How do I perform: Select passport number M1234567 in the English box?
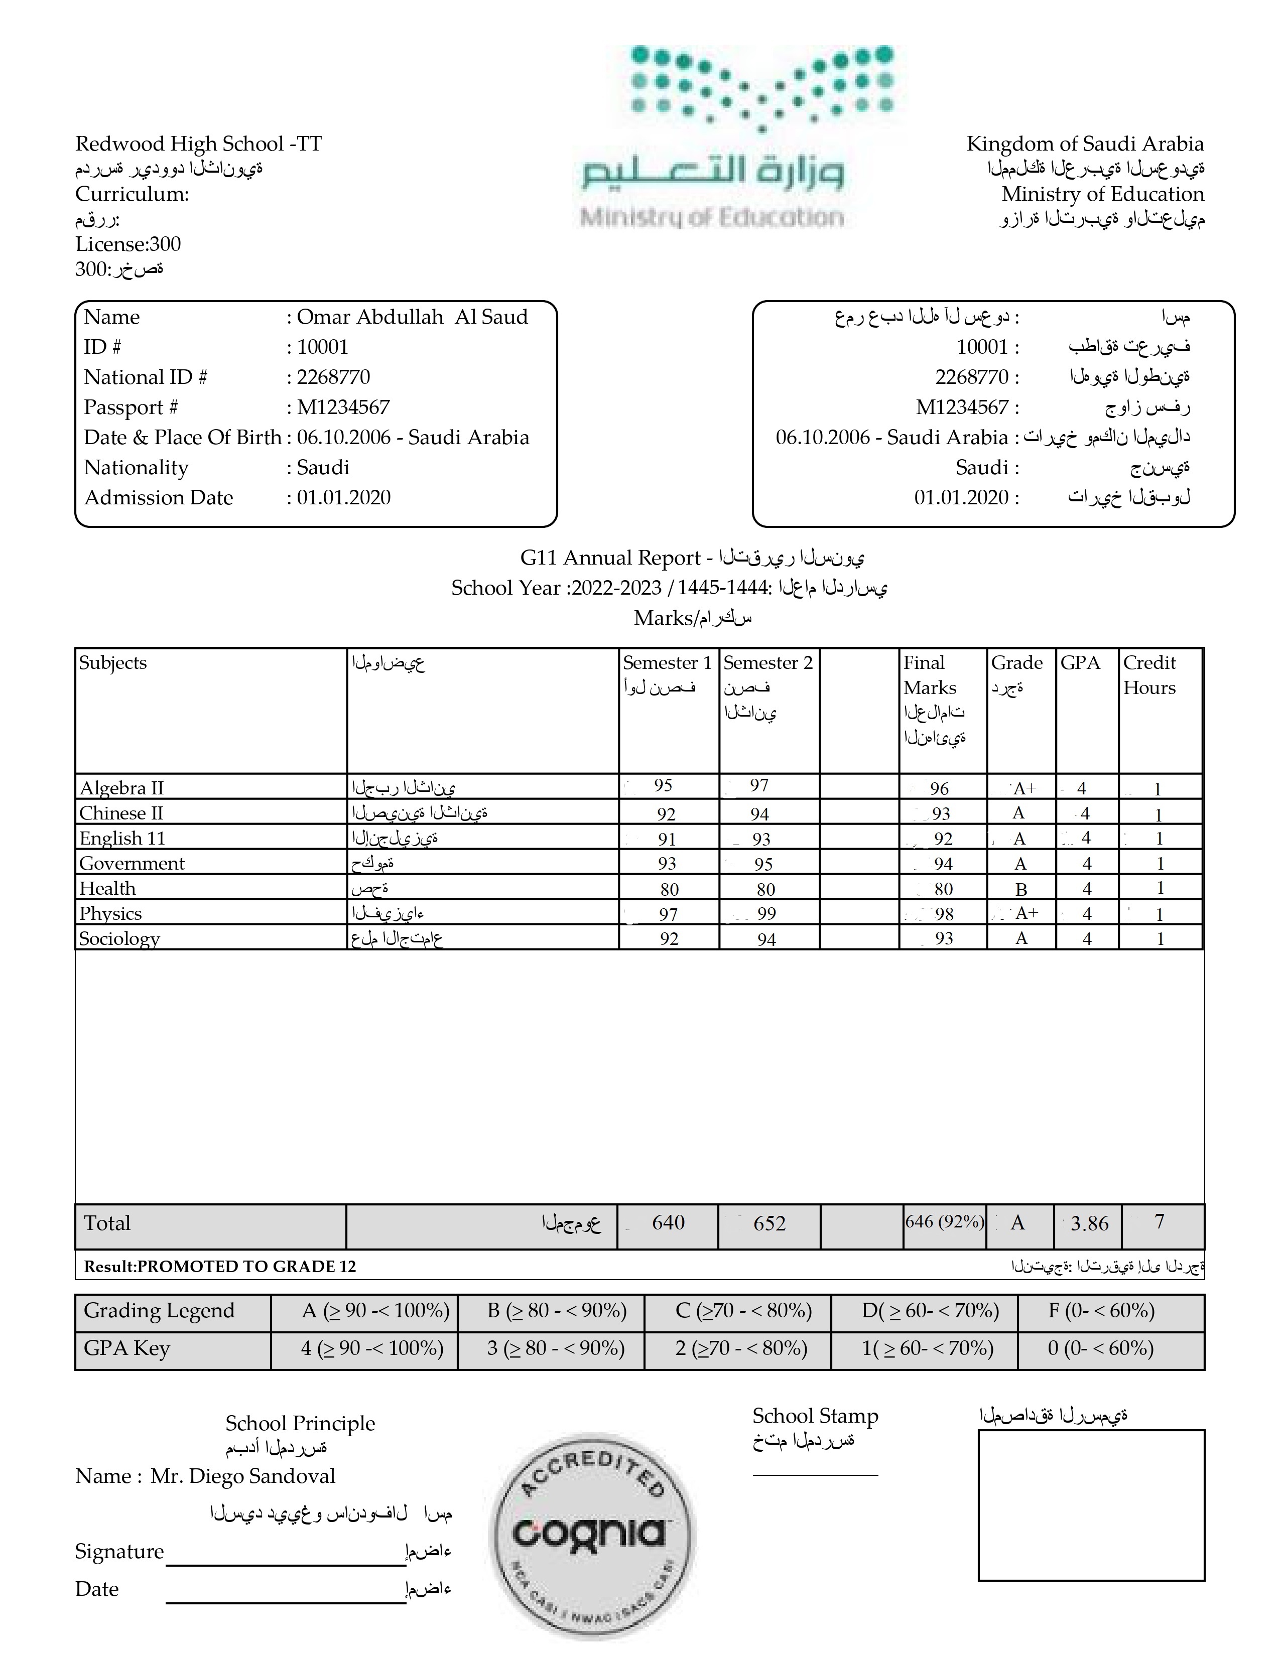point(343,407)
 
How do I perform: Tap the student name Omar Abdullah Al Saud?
point(412,317)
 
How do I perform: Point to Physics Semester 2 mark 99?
point(766,914)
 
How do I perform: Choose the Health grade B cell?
point(1020,889)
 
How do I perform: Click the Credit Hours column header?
point(1149,675)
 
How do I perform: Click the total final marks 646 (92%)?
point(944,1221)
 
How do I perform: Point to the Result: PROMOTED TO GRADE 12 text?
point(219,1266)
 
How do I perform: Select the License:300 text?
point(127,244)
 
